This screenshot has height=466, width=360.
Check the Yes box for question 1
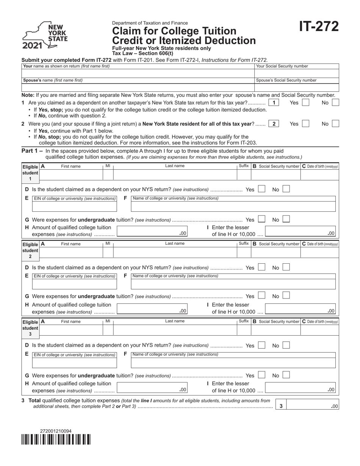click(306, 103)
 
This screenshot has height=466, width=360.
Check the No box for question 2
click(335, 124)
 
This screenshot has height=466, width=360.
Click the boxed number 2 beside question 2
click(274, 124)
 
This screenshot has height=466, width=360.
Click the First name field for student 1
click(71, 174)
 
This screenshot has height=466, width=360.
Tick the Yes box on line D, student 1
click(261, 189)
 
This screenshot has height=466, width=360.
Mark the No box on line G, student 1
click(286, 219)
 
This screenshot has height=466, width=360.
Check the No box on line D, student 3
click(286, 345)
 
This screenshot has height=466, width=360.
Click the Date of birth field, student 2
click(319, 252)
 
